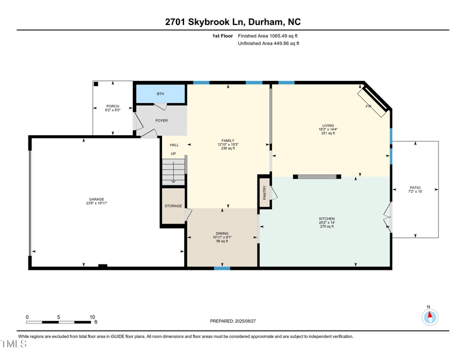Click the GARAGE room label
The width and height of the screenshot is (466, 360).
96,201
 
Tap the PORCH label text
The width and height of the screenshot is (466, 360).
112,108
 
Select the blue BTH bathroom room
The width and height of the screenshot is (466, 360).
161,94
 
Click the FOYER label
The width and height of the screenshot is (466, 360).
161,121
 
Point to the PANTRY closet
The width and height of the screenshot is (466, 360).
264,192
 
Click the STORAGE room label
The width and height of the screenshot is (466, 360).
173,206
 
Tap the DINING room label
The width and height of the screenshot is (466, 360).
222,237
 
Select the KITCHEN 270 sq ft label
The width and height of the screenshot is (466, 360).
327,222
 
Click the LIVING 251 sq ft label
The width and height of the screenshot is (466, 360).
329,129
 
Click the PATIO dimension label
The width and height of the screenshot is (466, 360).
415,189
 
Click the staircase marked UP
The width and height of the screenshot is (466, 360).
174,172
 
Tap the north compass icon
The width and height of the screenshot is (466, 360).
429,317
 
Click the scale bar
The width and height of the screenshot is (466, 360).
58,322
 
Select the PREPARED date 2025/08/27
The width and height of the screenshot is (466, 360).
233,321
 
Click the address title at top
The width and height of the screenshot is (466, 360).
233,22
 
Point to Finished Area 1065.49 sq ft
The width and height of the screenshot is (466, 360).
268,36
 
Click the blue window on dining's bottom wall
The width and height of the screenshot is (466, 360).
222,268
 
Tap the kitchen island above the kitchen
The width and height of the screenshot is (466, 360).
317,177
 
